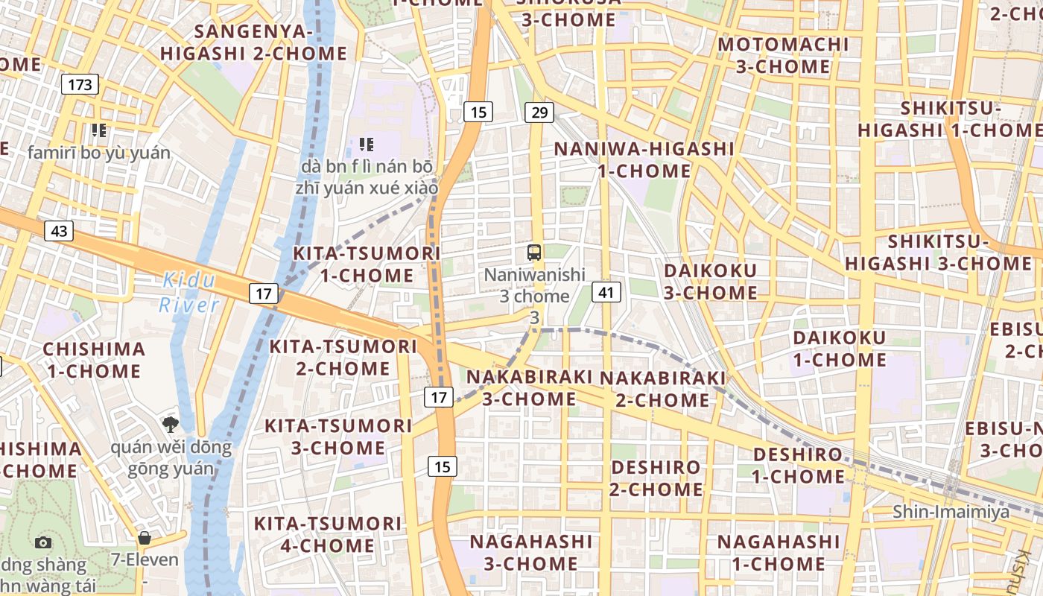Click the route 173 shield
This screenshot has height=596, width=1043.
click(80, 84)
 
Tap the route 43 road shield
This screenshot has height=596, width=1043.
click(59, 231)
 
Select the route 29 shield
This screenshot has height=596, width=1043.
click(539, 112)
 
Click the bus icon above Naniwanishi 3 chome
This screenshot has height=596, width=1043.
click(534, 252)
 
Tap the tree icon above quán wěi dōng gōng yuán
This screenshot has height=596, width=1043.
click(171, 425)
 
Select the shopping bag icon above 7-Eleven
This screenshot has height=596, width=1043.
click(145, 537)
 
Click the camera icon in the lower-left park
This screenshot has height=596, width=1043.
click(43, 543)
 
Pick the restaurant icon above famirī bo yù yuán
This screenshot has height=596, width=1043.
click(99, 130)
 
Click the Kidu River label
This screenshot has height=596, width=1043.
click(189, 292)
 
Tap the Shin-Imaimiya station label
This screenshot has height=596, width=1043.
click(951, 512)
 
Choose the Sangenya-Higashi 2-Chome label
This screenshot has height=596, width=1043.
click(253, 42)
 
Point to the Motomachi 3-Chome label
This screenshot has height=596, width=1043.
click(783, 55)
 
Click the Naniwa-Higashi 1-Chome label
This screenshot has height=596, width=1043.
click(644, 159)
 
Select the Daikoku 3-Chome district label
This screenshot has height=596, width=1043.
click(710, 282)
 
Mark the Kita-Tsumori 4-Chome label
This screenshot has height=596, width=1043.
click(328, 534)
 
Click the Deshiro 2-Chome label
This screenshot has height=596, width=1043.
click(656, 478)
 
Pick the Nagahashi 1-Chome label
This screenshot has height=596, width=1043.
click(778, 552)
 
